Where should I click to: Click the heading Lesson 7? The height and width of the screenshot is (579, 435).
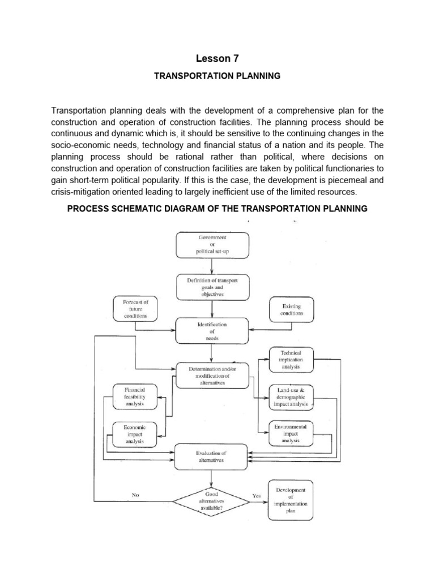pos(217,58)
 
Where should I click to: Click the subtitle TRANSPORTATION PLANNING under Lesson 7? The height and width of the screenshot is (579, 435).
pos(217,76)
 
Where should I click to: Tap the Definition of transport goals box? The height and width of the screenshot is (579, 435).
pos(211,287)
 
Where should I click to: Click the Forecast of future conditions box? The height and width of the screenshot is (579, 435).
pos(135,309)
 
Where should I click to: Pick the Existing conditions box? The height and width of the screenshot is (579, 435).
pos(291,309)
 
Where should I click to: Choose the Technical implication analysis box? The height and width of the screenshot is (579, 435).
pos(291,360)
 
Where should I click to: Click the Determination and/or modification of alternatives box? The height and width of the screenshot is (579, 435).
pos(211,375)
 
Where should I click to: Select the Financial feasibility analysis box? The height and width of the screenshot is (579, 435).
pos(135,397)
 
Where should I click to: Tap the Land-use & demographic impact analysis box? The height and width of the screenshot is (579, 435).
pos(291,397)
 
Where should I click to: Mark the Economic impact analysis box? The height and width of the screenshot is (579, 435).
pos(135,434)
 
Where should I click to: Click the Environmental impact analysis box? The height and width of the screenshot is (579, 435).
pos(291,434)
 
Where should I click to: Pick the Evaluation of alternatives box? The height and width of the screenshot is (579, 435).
pos(211,457)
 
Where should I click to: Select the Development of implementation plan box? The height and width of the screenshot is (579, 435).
pos(291,500)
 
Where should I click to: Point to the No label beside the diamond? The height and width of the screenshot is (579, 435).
pos(135,495)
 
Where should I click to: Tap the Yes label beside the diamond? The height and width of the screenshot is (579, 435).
pos(257,495)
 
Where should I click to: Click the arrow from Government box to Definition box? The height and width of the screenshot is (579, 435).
pos(211,266)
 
